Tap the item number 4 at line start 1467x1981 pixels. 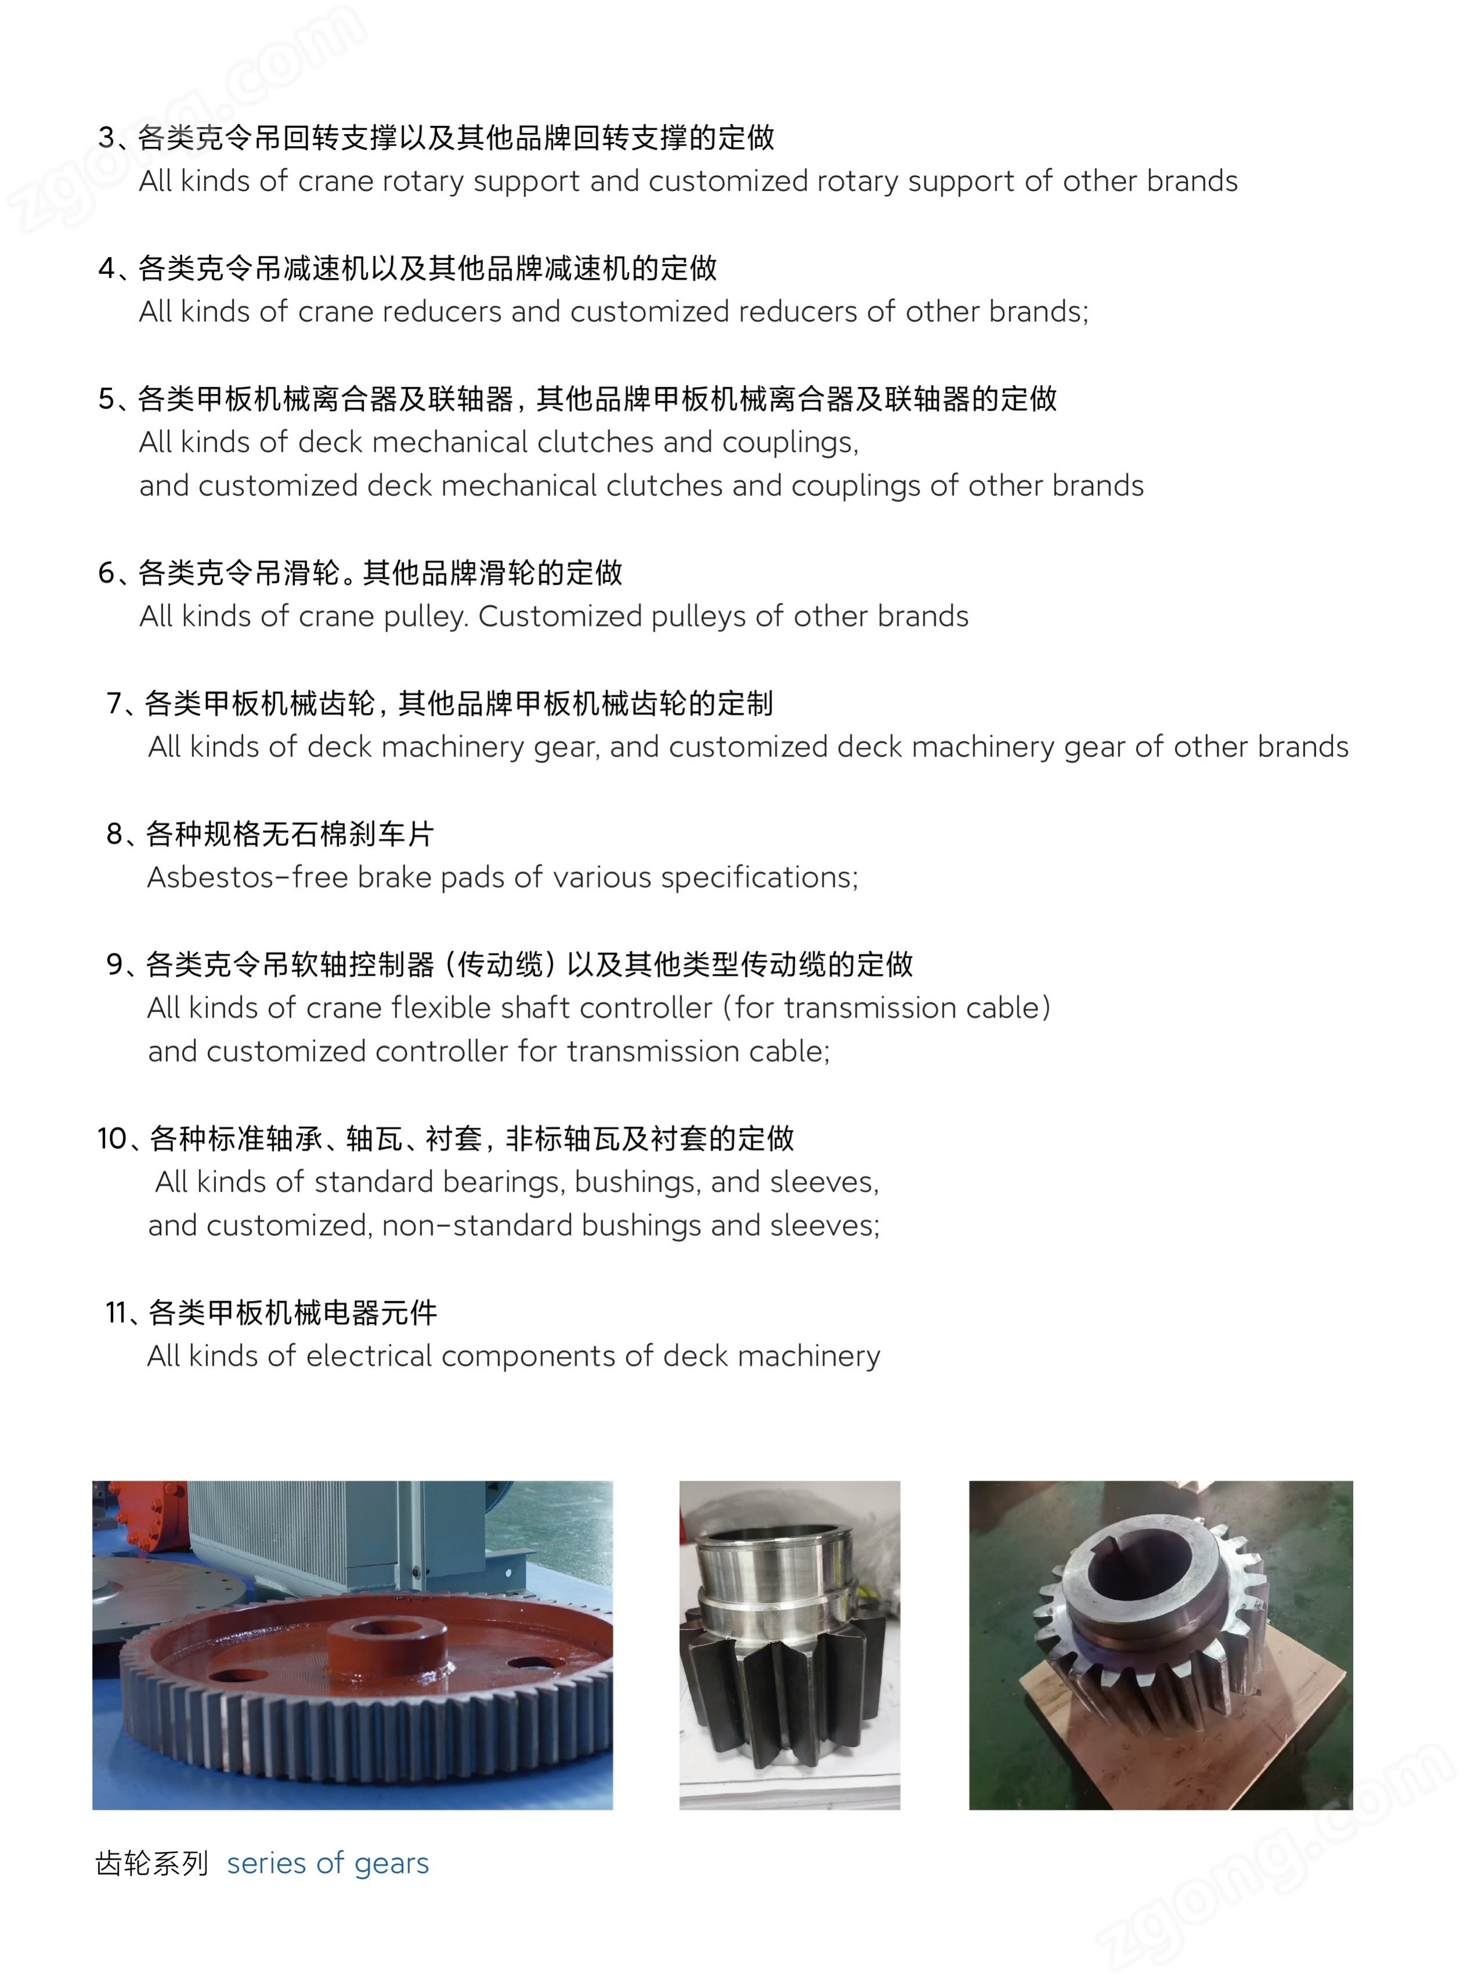tap(107, 268)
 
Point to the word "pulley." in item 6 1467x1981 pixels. tap(426, 617)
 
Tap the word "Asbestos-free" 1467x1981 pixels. tap(248, 877)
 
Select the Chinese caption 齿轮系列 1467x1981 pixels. tap(152, 1863)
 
